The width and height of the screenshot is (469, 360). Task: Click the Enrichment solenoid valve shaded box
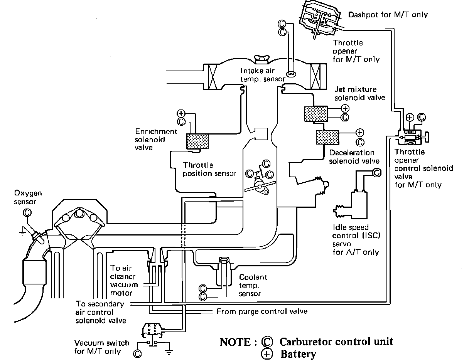click(x=197, y=141)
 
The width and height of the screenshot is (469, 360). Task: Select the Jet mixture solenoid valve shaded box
click(x=316, y=114)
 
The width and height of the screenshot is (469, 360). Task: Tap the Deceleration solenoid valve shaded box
click(x=327, y=137)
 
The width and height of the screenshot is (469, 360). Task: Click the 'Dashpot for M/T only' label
click(x=388, y=15)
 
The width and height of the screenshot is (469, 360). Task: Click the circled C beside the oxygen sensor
click(x=27, y=212)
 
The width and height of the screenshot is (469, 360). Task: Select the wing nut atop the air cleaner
click(x=262, y=59)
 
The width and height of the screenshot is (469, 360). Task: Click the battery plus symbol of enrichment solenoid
click(x=181, y=113)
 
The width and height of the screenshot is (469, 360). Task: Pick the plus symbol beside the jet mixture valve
click(x=345, y=108)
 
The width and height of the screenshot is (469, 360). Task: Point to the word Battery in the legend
click(x=298, y=354)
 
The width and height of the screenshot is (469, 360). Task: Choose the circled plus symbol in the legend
click(x=267, y=354)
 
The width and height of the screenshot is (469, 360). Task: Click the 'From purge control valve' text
click(x=262, y=311)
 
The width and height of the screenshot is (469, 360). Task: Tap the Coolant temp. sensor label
click(x=253, y=285)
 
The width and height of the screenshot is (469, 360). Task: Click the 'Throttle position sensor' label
click(x=209, y=170)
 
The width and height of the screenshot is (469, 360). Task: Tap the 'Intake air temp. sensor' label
click(x=263, y=75)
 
